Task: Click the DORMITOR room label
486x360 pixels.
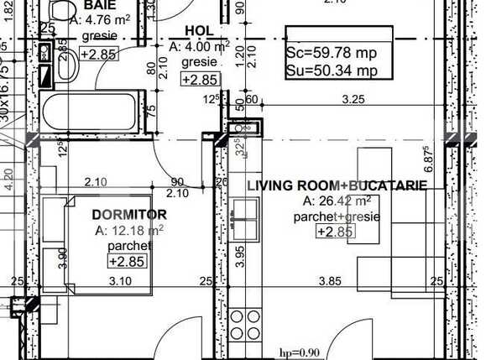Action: [128, 215]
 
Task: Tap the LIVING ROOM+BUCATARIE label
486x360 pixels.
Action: [337, 185]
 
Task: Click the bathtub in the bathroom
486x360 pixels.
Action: [88, 112]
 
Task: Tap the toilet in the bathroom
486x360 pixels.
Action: [60, 10]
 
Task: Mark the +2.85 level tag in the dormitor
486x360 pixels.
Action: [127, 261]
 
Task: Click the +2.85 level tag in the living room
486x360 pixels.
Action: [335, 232]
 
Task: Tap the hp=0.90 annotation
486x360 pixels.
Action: [300, 352]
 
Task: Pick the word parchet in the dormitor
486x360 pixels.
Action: [130, 246]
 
